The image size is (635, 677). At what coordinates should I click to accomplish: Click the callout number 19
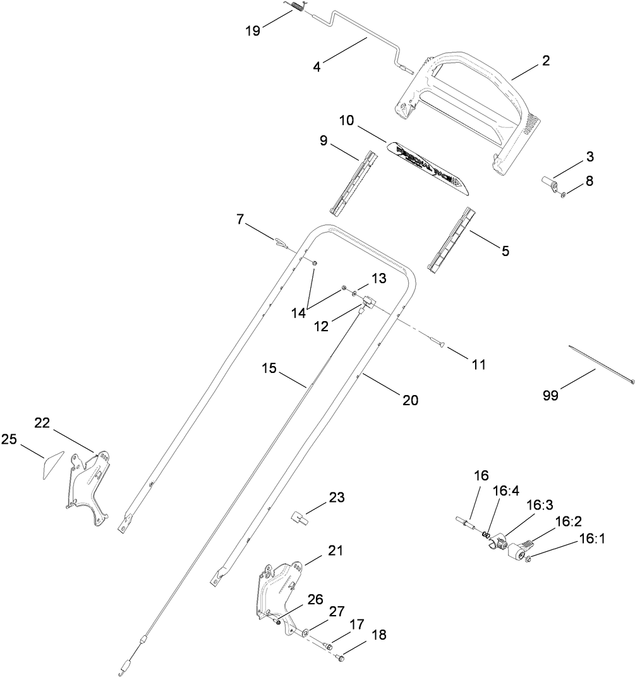[x=253, y=31]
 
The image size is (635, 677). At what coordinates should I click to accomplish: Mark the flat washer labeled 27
[x=305, y=631]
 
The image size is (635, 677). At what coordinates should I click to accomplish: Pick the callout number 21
[x=335, y=551]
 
